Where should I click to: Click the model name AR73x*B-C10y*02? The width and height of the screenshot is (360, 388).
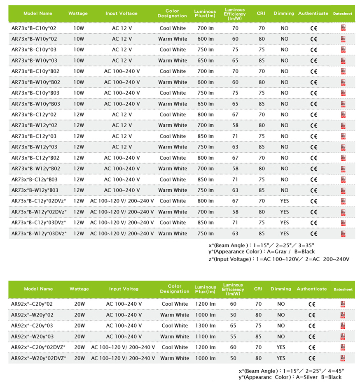(34, 28)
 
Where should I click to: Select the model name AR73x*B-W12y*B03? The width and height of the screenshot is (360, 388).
(35, 190)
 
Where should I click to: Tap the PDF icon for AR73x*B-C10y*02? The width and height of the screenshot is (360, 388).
(343, 28)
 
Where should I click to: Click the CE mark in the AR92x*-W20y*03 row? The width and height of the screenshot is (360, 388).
(312, 337)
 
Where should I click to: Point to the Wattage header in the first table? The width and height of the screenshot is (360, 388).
(78, 13)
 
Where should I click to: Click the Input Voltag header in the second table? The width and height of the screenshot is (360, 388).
(124, 289)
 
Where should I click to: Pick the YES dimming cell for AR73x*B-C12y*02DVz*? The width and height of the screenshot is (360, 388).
(285, 201)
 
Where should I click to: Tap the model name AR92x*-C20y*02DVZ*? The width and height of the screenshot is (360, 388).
(38, 347)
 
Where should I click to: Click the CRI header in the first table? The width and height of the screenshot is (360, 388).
(261, 13)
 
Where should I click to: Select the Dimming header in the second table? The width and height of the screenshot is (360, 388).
(281, 289)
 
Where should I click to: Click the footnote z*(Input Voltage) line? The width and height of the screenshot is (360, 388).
(279, 259)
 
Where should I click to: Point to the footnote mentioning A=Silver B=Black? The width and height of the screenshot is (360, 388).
(290, 377)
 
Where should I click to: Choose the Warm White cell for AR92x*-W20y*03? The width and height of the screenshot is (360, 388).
(174, 337)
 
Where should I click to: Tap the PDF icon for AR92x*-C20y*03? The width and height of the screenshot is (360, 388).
(343, 325)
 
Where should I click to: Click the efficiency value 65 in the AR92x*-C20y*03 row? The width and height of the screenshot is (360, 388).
(234, 325)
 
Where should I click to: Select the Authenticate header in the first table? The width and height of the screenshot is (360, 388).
(313, 13)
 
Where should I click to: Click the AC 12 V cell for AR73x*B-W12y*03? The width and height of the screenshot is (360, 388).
(122, 147)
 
